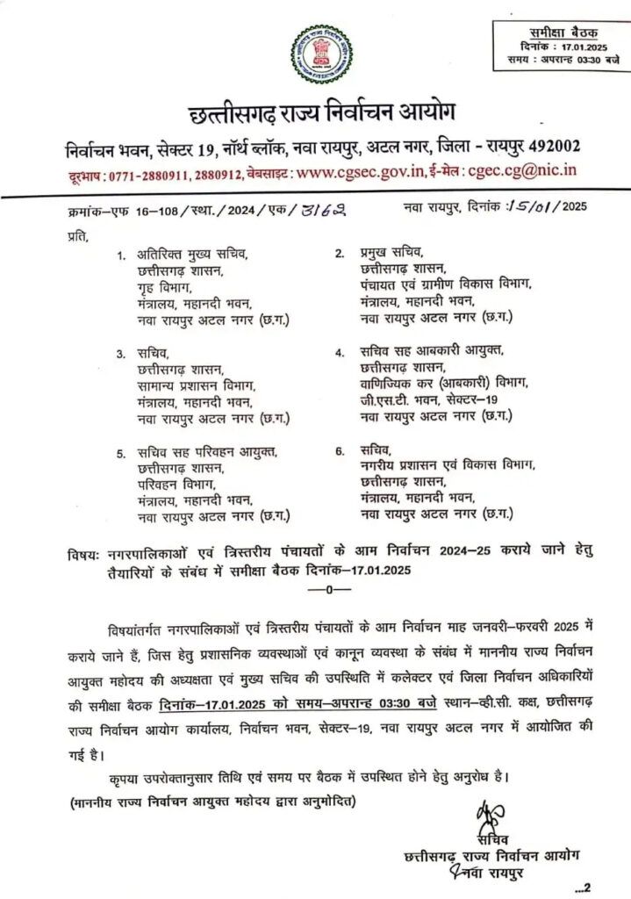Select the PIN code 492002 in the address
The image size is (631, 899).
point(548,145)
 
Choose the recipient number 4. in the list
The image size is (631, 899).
point(340,353)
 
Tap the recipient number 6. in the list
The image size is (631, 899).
point(340,451)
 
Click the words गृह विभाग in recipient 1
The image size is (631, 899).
point(163,286)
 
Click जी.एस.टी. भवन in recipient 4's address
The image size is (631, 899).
point(393,400)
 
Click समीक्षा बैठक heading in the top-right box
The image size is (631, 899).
point(561,31)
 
